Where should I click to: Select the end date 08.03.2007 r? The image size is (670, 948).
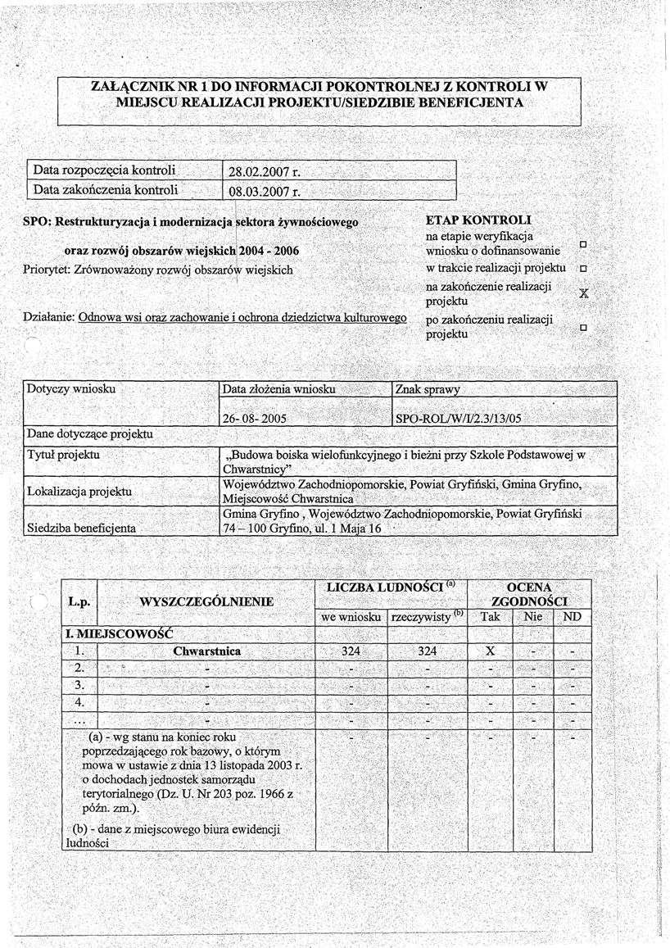point(264,193)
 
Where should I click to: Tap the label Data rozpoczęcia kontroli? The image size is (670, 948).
point(105,171)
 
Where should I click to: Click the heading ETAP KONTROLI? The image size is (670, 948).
point(479,221)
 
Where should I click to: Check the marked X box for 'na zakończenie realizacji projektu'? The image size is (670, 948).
point(583,293)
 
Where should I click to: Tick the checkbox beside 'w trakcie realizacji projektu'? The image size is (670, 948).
point(582,269)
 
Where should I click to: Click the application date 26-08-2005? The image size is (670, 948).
point(253,417)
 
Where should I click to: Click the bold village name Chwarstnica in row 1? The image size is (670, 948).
point(206,652)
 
